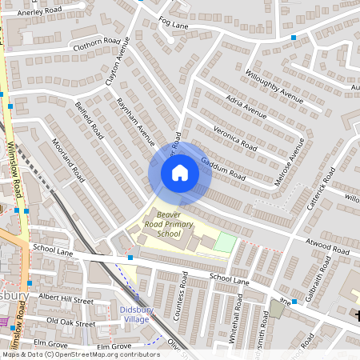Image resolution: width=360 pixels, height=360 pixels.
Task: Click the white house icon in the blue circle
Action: [x=180, y=173]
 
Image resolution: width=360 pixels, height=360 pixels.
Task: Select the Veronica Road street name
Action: [x=234, y=137]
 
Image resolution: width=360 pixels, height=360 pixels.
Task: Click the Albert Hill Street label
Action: [x=66, y=299]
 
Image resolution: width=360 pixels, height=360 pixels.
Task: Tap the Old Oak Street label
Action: [x=71, y=322]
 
